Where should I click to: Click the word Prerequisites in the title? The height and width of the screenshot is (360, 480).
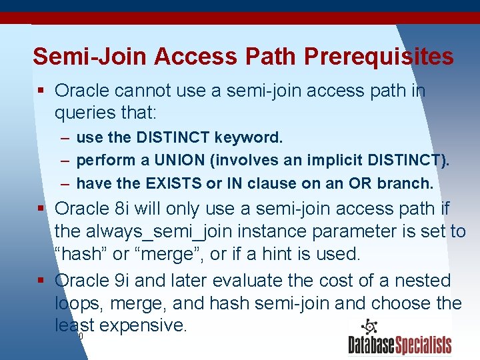(378, 57)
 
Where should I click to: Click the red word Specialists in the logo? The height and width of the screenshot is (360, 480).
(425, 345)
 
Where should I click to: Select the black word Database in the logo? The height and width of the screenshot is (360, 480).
(373, 345)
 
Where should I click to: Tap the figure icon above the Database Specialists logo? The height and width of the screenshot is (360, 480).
(369, 327)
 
